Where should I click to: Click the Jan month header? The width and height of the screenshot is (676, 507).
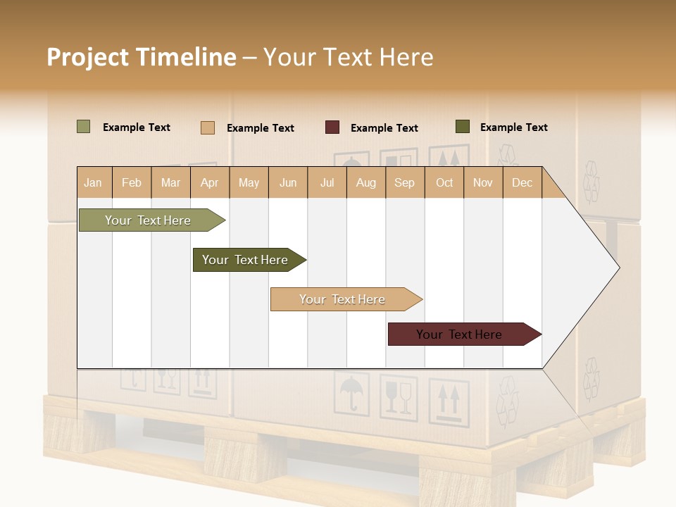click(x=94, y=182)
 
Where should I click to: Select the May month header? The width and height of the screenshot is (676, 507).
click(x=249, y=182)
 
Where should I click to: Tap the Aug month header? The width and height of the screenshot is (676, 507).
click(x=365, y=182)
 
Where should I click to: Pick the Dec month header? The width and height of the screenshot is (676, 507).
click(x=522, y=182)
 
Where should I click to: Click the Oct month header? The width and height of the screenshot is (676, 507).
click(x=444, y=182)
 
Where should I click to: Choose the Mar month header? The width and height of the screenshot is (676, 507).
click(x=170, y=182)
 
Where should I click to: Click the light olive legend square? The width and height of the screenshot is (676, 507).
click(x=83, y=127)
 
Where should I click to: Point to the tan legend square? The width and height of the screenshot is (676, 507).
click(x=207, y=127)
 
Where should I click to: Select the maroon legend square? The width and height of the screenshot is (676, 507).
click(x=332, y=127)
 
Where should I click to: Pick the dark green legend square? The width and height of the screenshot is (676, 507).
click(x=462, y=127)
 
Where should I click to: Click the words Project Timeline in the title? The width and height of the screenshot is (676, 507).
click(x=141, y=57)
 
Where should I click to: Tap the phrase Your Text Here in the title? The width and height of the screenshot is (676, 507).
click(x=348, y=57)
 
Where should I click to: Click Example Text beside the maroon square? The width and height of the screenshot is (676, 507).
click(x=384, y=128)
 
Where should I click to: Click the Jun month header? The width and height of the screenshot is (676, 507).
click(x=288, y=182)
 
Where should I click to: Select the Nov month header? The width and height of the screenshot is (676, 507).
click(x=482, y=182)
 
